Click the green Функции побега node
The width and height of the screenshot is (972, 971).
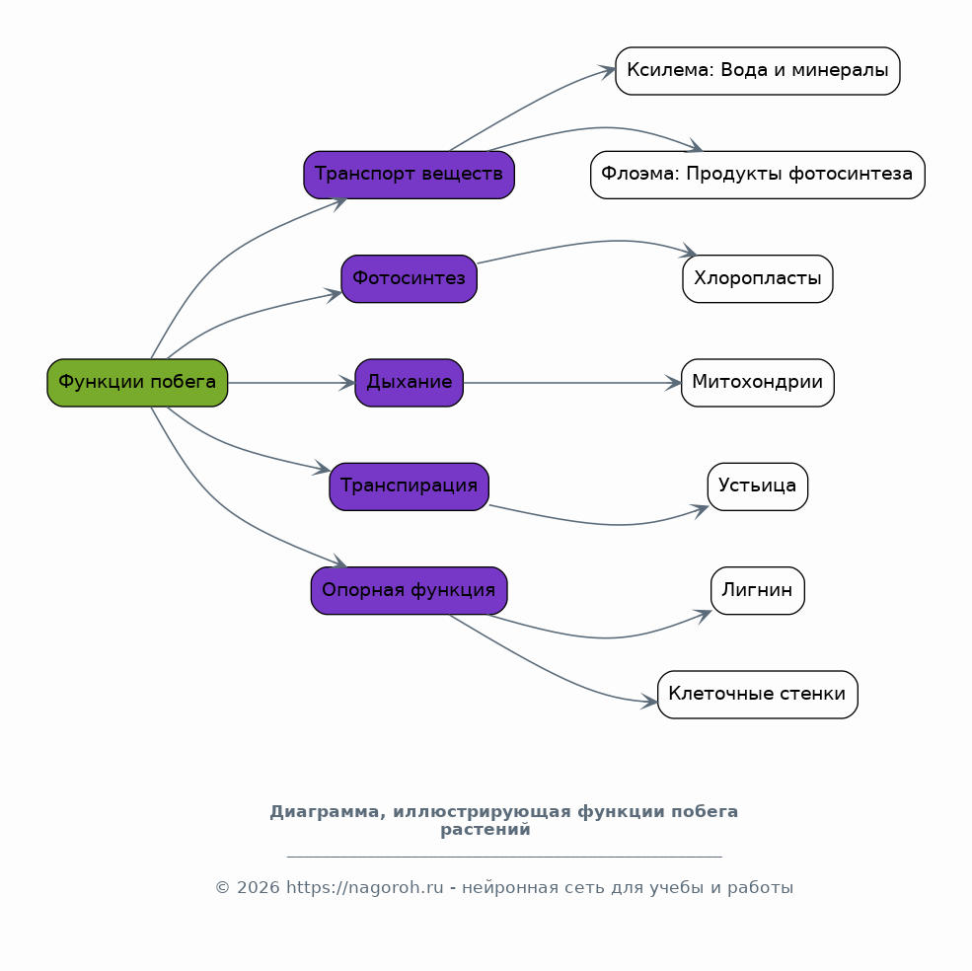coord(137,383)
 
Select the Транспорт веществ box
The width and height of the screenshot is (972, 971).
coord(410,175)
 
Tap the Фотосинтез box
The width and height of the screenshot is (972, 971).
coord(410,279)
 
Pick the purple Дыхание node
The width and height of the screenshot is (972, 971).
coord(410,383)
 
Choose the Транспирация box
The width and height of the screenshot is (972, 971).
coord(410,486)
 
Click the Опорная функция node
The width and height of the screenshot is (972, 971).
coord(410,590)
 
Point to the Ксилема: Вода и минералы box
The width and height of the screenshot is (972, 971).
coord(758,71)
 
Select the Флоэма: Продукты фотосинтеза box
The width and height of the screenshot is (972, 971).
coord(758,175)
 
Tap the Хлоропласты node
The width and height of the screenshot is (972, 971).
coord(758,279)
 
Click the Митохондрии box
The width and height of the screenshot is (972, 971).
coord(758,383)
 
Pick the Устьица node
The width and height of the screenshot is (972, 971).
coord(758,486)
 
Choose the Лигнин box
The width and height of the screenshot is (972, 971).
coord(758,590)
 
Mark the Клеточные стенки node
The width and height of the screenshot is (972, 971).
coord(758,695)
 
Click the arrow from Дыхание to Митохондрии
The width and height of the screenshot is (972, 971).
coord(572,383)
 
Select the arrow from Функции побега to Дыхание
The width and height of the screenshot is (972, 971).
coord(291,383)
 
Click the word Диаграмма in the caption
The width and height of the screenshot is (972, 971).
coord(325,812)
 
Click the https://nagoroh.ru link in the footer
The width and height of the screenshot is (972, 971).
coord(364,887)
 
